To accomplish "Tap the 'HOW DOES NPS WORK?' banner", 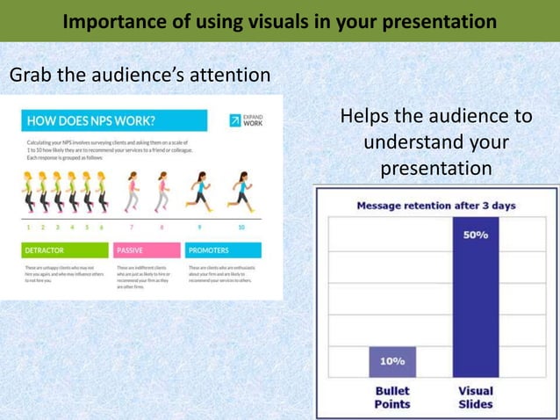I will tap(113, 120).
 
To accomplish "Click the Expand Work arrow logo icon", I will tap(235, 120).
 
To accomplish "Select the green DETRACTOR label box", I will tap(65, 250).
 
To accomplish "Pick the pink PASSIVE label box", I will tap(147, 250).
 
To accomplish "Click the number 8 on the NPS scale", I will tap(162, 228).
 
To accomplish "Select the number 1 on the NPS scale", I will tap(29, 228).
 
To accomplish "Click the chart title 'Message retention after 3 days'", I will tap(435, 206).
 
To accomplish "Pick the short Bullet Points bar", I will tap(392, 362).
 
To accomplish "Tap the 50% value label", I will tap(475, 235).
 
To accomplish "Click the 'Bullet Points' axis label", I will tap(392, 397).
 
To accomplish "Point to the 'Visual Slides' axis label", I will tap(475, 397).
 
